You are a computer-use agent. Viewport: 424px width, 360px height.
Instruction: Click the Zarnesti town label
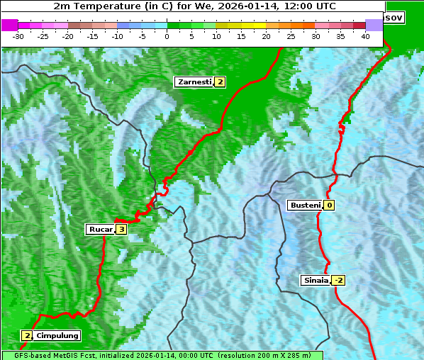194,82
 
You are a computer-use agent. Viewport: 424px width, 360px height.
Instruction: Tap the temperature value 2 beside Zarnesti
221,82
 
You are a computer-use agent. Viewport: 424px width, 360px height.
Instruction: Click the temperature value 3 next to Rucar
121,230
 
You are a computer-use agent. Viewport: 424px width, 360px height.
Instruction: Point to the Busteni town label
305,206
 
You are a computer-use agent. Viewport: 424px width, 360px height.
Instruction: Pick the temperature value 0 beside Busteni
330,206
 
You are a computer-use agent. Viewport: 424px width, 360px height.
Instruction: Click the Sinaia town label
316,280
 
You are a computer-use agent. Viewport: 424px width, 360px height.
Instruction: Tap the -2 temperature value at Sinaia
338,281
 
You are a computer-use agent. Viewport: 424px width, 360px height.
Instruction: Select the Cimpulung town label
57,335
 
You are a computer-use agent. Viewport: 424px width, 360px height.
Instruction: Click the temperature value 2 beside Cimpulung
27,335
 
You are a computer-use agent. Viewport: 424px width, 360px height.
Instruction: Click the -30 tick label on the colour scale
18,36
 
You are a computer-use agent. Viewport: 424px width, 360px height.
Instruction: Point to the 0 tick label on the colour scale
167,36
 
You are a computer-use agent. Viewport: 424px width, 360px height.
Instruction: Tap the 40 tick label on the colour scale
365,36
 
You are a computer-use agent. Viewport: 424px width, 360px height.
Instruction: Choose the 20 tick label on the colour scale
266,36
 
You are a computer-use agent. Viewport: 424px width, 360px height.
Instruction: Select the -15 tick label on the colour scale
92,36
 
